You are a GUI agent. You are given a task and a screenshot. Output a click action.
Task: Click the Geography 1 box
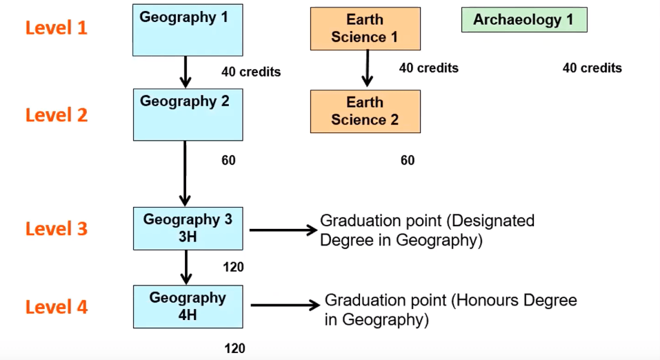click(188, 30)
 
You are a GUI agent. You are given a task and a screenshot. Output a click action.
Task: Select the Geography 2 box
click(188, 114)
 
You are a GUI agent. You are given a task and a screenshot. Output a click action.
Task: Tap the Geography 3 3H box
click(188, 228)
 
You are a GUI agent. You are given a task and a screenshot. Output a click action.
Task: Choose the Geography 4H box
click(188, 306)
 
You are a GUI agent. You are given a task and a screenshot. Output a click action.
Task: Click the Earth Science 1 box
click(365, 28)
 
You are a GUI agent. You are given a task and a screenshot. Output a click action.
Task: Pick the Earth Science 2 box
click(365, 111)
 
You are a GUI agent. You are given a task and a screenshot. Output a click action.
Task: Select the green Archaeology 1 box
click(523, 19)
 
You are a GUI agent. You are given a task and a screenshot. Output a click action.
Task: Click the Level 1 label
click(57, 28)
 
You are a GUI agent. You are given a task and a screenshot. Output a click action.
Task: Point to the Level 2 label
click(57, 114)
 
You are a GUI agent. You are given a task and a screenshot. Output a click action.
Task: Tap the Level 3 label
click(57, 228)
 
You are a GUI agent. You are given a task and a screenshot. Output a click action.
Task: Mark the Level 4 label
click(57, 306)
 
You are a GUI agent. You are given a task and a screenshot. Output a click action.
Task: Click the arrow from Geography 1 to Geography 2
click(185, 72)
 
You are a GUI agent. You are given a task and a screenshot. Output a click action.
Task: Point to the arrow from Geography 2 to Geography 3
click(185, 172)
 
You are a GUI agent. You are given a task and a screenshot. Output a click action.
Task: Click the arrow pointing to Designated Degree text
click(281, 230)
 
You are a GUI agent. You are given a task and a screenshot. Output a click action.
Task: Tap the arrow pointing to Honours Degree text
click(285, 305)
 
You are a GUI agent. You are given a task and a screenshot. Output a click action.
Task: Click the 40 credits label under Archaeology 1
click(592, 68)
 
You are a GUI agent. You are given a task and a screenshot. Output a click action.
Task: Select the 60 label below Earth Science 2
click(408, 161)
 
